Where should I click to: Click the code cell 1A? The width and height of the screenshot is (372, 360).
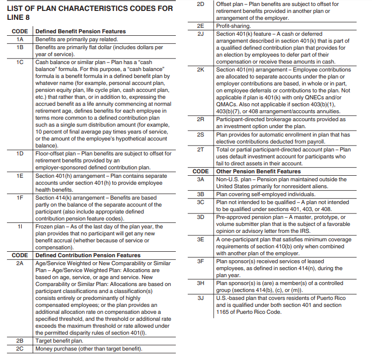click(20, 39)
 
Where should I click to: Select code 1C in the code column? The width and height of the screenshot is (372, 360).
click(20, 62)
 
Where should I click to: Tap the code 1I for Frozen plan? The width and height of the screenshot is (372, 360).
click(20, 226)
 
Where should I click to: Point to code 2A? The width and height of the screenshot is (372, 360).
click(20, 263)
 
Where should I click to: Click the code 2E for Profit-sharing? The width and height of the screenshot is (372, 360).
click(201, 25)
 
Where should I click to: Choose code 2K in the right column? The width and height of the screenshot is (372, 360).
click(201, 70)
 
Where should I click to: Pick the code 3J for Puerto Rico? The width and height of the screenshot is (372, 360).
click(201, 298)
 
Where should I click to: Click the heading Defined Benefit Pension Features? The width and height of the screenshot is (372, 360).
click(80, 31)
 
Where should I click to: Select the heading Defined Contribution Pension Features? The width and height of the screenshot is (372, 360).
click(88, 255)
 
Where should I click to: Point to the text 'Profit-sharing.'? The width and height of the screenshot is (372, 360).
click(233, 25)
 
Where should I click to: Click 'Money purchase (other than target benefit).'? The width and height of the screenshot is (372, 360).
click(89, 349)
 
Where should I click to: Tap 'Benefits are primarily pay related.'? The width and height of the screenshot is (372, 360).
click(76, 39)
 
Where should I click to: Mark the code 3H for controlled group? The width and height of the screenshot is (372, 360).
click(201, 283)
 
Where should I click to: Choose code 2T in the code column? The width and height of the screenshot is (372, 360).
click(201, 149)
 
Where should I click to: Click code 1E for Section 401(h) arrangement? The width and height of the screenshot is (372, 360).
click(20, 176)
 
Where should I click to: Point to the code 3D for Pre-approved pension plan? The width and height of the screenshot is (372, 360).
click(201, 217)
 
